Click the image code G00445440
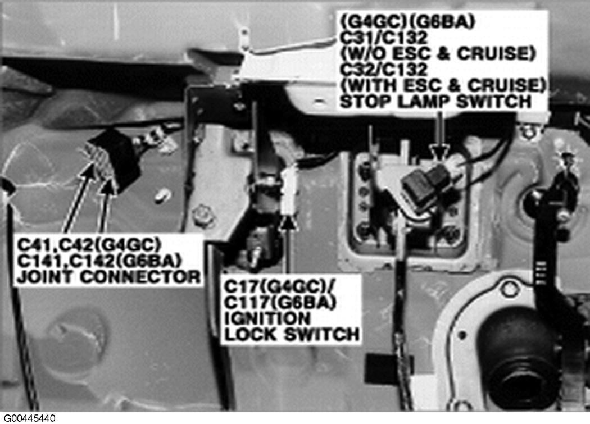(29, 418)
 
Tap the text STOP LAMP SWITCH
(435, 102)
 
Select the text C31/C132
(384, 38)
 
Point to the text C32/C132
(384, 70)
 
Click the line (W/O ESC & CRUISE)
(438, 54)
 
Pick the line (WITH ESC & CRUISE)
(443, 85)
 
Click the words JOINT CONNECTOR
(109, 277)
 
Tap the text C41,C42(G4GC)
(89, 245)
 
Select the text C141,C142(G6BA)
(99, 261)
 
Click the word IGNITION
(267, 318)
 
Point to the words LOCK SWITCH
(292, 335)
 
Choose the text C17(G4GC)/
(279, 286)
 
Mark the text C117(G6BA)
(280, 303)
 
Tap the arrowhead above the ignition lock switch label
(288, 221)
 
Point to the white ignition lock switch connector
(289, 189)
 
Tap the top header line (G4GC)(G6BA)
(407, 22)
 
